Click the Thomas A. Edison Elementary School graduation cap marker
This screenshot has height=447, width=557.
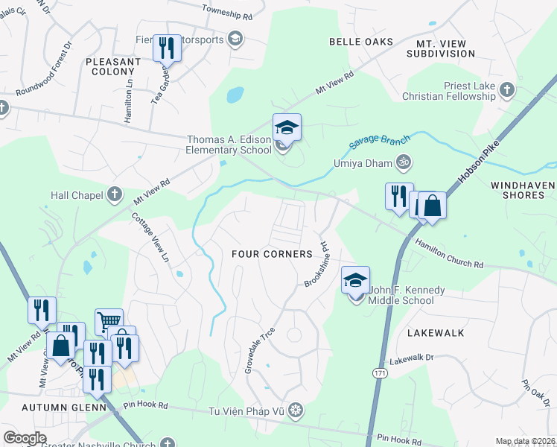pos(287,128)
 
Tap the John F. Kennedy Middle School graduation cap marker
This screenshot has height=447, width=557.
pos(355,281)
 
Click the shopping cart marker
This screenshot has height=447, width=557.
pos(109,323)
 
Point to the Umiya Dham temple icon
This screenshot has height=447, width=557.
pos(403,162)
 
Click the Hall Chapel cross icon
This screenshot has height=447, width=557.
pos(114,194)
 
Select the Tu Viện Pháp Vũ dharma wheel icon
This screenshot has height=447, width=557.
pos(296,410)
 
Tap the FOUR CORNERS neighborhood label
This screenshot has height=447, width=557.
pos(272,254)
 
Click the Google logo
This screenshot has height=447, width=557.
pos(25,438)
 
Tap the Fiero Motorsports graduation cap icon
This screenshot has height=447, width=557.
pos(235,39)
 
